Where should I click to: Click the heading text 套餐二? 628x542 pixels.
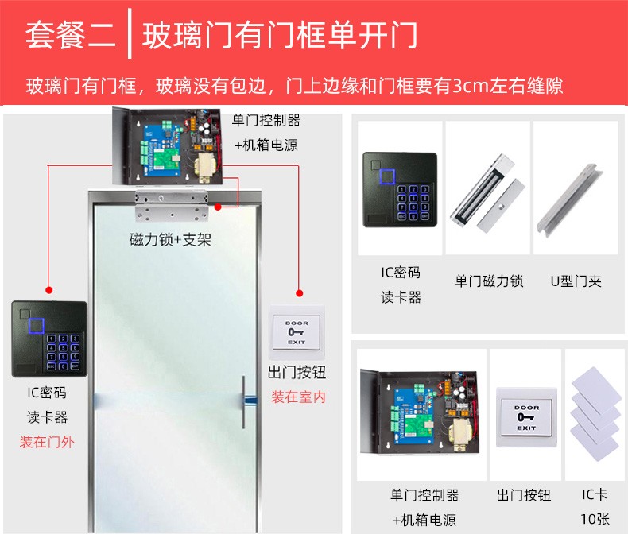point(71,34)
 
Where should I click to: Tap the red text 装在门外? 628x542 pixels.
point(47,442)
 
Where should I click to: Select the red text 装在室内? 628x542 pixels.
point(298,397)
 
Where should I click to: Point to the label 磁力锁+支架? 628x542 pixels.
point(170,240)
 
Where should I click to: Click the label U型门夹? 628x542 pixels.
point(576,281)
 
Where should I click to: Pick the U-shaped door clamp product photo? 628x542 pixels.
point(569,200)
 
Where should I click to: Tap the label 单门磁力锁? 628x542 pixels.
point(489,281)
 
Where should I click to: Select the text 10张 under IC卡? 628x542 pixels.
point(595,519)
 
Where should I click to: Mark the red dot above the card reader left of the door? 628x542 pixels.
point(48,290)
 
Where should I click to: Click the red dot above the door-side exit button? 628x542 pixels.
point(299,293)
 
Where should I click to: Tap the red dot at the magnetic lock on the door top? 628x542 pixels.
point(218,207)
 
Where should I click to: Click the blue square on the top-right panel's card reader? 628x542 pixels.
point(386,177)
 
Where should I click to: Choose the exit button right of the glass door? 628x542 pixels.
point(297,332)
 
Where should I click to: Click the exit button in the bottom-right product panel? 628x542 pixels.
point(526,417)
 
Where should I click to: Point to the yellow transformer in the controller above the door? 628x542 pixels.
point(205,168)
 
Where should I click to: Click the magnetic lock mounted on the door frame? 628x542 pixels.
point(172,206)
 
